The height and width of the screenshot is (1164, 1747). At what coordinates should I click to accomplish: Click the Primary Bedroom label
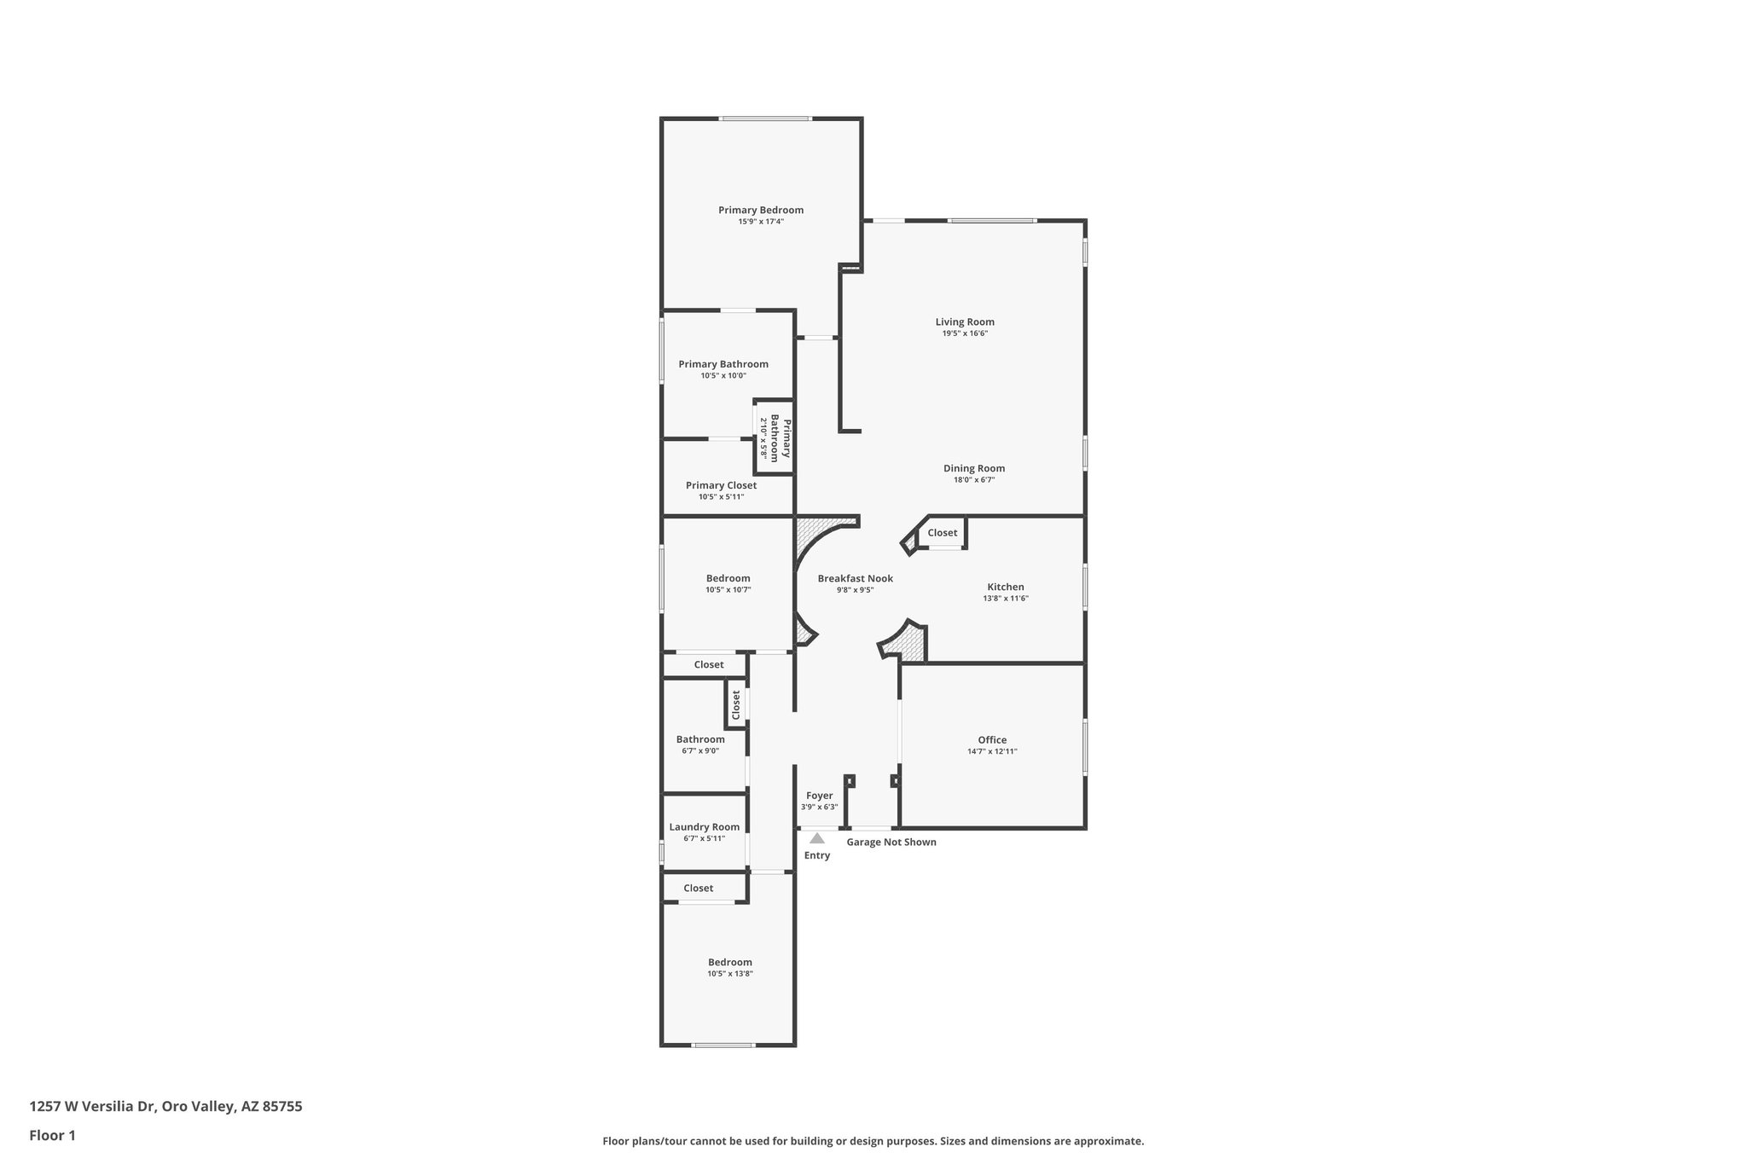coord(760,210)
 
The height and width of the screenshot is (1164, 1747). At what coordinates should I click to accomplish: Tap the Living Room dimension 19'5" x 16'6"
coord(965,333)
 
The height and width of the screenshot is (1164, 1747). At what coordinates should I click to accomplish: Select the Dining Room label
coord(973,468)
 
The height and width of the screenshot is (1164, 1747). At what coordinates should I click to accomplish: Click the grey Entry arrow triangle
coord(817,838)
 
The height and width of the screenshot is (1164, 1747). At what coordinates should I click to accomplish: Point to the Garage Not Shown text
coord(891,843)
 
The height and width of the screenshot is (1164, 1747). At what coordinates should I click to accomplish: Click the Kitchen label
coord(1005,587)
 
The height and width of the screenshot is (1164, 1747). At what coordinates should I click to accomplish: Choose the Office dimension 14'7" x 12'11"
coord(992,751)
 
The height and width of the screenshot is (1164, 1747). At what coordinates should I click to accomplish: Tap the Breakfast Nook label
coord(855,578)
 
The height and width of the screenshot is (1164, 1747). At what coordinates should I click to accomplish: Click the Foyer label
coord(819,796)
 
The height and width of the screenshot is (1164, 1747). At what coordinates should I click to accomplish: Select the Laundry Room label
coord(704,827)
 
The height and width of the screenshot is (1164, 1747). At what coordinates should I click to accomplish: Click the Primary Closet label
coord(721,485)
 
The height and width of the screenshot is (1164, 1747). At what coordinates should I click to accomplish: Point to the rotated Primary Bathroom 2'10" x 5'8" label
coord(775,438)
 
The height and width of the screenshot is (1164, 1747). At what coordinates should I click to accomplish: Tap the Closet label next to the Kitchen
coord(942,533)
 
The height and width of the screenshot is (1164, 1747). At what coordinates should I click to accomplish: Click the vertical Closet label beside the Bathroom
coord(735,704)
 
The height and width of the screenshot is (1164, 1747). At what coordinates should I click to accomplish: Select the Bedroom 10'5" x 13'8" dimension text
coord(729,974)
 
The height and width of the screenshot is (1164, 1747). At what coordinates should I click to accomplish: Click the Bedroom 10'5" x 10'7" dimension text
coord(728,589)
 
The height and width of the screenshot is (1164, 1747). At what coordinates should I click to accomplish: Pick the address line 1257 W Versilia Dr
coord(165,1107)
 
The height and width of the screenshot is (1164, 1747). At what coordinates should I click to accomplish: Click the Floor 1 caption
coord(52,1136)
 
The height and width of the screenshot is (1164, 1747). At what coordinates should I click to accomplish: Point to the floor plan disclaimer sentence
coord(873,1141)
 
